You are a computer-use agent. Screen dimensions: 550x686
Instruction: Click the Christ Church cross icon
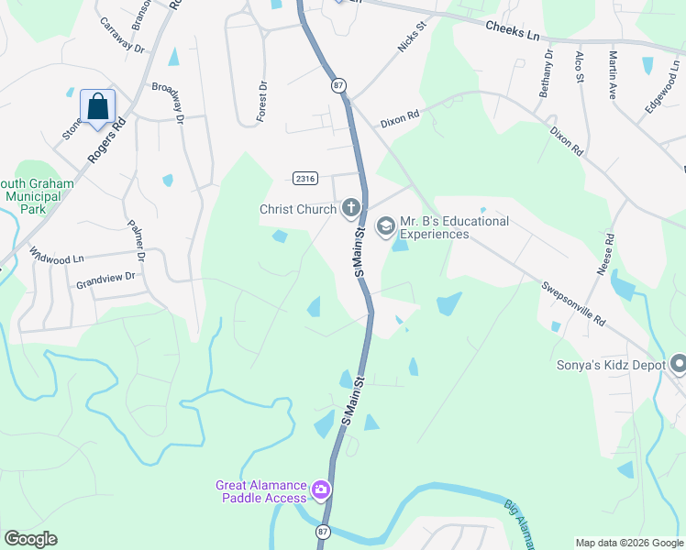[x=349, y=210]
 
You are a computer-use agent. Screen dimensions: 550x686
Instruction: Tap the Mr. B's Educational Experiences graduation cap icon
[x=385, y=225]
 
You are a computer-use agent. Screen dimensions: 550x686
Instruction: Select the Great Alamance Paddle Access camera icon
[x=321, y=490]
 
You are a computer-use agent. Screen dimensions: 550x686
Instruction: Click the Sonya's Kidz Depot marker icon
[x=679, y=365]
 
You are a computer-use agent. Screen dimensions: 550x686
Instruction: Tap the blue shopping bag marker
[x=98, y=107]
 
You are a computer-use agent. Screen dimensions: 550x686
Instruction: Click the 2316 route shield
[x=305, y=177]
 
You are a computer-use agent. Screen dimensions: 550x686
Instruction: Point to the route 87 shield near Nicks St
[x=339, y=85]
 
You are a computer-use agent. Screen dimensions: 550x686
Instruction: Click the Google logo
[x=30, y=539]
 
